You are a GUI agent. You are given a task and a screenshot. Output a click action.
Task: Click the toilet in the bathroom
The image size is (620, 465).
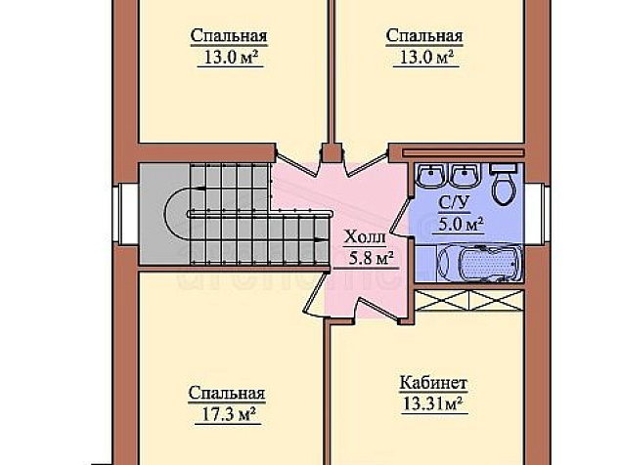504,185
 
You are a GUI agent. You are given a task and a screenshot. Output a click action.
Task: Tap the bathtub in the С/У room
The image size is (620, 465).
479,263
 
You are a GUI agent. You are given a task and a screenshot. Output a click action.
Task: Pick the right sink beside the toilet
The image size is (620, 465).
465,176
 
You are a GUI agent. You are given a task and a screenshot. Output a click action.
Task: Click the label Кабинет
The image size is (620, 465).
433,383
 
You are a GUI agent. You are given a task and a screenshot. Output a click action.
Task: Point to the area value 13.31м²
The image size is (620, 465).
433,403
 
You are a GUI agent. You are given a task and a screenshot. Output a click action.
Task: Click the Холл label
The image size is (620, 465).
365,237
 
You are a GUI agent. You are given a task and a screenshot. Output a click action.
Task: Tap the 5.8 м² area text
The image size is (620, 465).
371,258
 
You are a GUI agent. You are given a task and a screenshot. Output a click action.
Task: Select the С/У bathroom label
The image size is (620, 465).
454,203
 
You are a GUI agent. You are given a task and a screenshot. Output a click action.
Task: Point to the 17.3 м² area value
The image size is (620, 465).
228,414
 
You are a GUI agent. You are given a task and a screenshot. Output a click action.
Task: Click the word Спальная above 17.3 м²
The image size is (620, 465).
227,393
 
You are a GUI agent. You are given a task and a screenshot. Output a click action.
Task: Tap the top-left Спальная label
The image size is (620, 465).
229,35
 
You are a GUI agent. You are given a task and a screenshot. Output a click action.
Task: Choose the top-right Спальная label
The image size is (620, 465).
424,35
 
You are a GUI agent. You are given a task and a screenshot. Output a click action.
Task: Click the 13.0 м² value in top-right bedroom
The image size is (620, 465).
426,57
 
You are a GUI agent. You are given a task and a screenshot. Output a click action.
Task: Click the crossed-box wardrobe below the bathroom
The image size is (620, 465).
469,300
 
